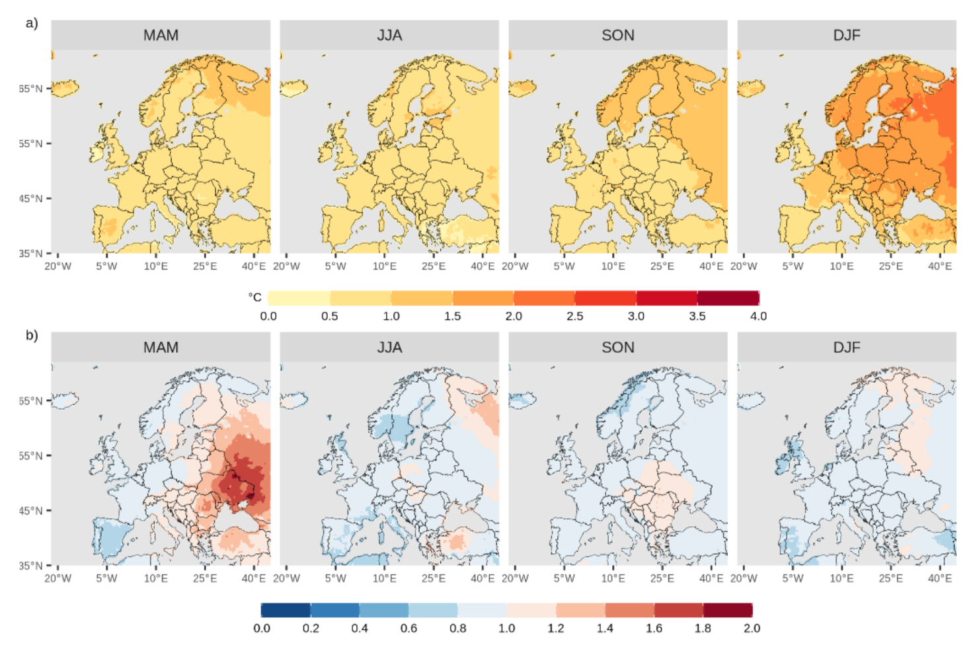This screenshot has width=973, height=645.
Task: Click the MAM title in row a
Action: [x=161, y=35]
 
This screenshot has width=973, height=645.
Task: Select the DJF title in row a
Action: [x=846, y=35]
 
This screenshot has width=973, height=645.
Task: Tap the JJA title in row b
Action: [x=389, y=347]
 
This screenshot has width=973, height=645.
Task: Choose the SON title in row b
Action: [x=617, y=347]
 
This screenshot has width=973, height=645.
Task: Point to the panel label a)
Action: [x=32, y=23]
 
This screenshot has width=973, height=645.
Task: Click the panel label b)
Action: [x=32, y=335]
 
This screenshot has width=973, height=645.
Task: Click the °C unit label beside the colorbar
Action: [x=255, y=297]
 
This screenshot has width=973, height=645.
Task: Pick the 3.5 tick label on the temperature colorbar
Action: [x=697, y=316]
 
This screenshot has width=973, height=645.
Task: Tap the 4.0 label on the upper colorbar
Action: [x=758, y=316]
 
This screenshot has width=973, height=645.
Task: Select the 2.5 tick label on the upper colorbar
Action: [x=574, y=316]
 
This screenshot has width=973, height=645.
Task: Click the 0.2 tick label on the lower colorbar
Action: [x=311, y=628]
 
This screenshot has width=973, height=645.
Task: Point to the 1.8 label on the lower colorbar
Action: [x=703, y=628]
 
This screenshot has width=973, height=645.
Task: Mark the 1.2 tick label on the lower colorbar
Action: [x=556, y=628]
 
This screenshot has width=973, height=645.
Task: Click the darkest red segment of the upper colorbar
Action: [x=728, y=297]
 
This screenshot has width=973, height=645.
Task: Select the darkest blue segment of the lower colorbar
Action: [x=286, y=610]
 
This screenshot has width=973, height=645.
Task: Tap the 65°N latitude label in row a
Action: [x=30, y=89]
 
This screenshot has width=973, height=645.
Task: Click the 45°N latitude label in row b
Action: [x=30, y=510]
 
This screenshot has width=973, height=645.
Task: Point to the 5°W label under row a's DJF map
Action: [x=793, y=266]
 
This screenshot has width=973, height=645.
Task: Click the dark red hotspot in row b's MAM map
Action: [x=238, y=486]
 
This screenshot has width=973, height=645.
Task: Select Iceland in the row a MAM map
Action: [x=65, y=87]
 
